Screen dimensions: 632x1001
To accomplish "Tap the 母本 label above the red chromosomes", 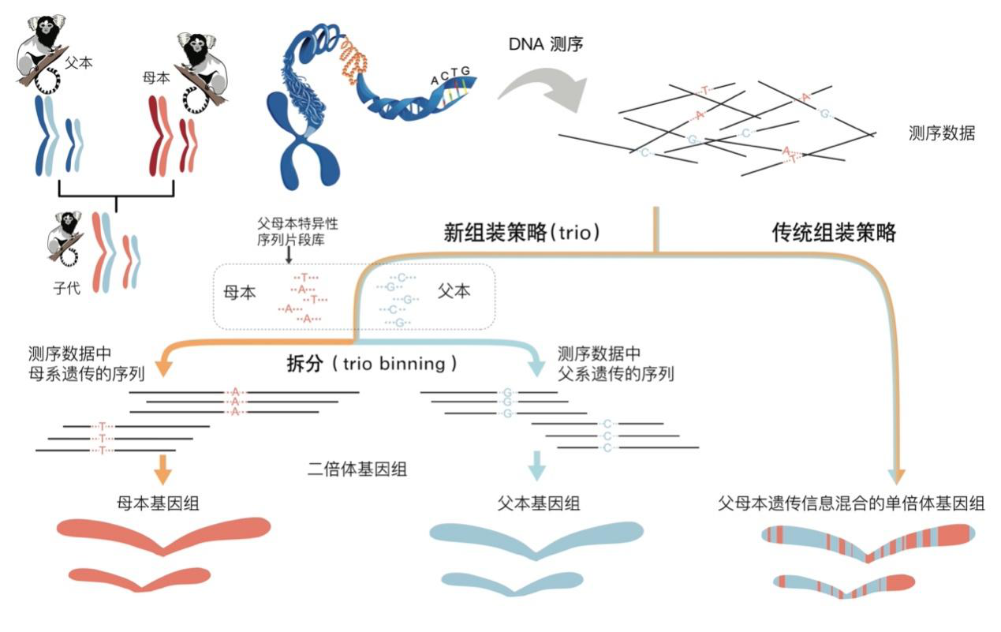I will tap(150, 78).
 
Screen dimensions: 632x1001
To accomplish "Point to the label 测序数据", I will tap(942, 133).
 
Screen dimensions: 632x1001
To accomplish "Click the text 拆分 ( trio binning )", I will tap(372, 365).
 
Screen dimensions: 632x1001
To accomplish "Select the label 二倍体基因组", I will tap(357, 469).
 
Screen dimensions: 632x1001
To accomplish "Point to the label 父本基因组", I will tap(539, 503).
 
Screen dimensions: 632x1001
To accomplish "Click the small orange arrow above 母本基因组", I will tap(162, 467).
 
